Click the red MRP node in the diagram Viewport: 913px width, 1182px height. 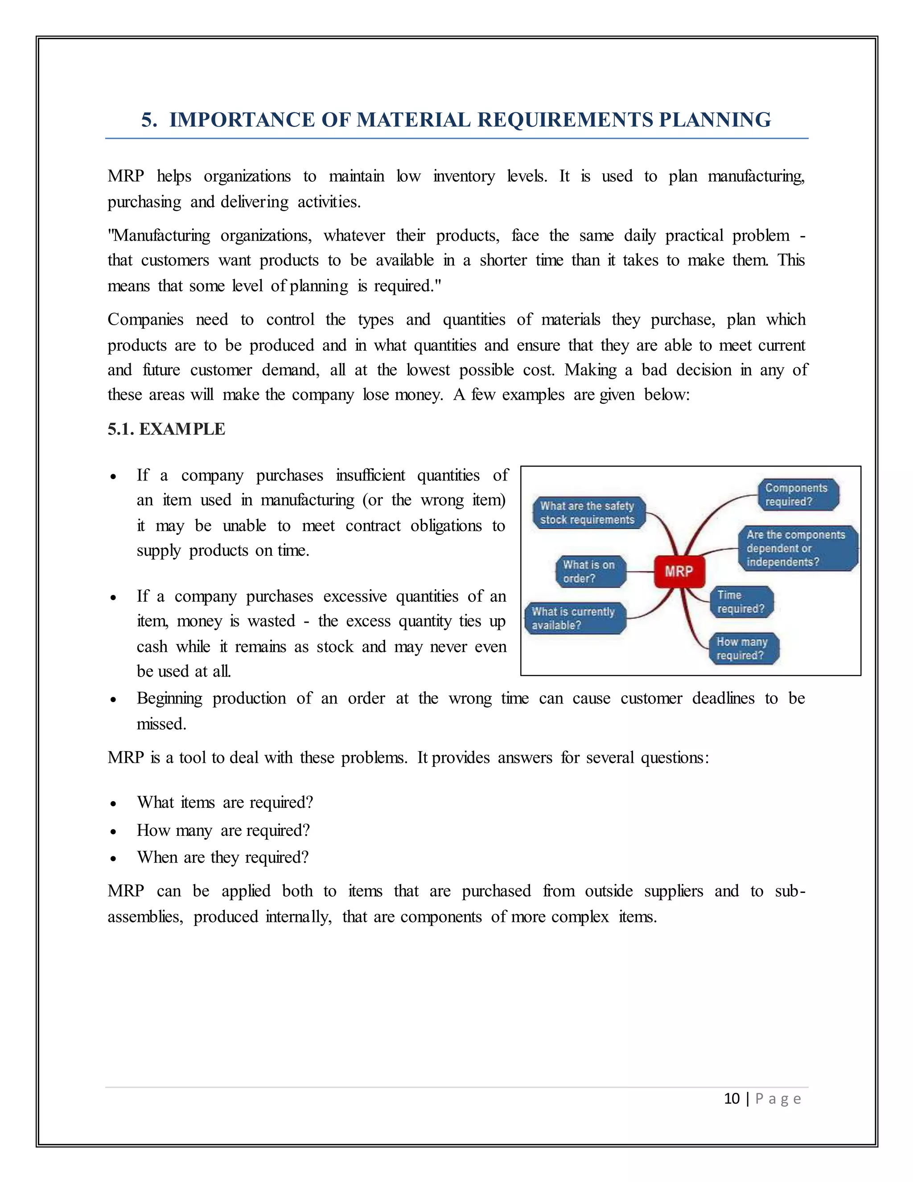coord(679,571)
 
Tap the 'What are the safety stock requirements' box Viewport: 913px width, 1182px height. coord(588,512)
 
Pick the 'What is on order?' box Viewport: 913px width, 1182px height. coord(590,571)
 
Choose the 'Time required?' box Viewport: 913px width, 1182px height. coord(741,602)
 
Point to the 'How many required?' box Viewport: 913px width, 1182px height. coord(744,649)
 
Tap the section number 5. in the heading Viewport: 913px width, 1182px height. coord(149,120)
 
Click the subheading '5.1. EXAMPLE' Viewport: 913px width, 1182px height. coord(166,429)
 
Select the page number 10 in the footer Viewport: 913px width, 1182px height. coord(731,1099)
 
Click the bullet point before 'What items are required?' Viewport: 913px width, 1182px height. coord(113,804)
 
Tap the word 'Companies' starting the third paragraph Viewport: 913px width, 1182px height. coord(145,319)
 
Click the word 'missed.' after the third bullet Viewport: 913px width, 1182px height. coord(161,723)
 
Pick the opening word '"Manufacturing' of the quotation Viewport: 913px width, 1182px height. coord(159,236)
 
